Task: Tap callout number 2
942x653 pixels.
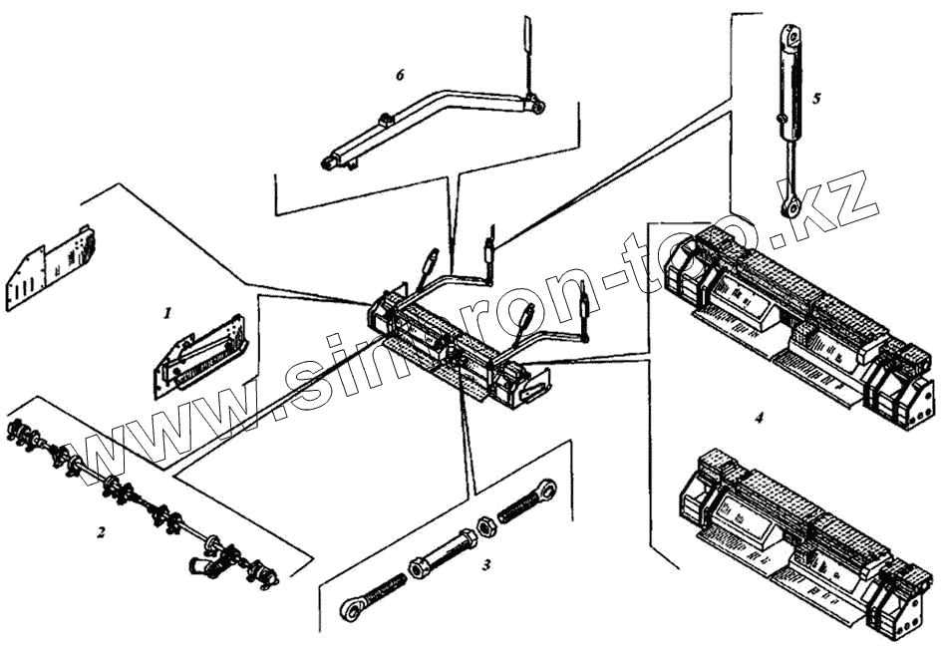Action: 100,532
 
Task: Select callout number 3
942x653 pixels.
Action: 485,565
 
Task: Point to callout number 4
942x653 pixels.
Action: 759,418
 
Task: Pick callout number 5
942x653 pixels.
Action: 816,99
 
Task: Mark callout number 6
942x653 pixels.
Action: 400,76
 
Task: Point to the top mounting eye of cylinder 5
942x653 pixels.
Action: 793,37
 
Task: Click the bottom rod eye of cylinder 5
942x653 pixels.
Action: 791,207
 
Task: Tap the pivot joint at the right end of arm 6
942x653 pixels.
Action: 536,103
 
